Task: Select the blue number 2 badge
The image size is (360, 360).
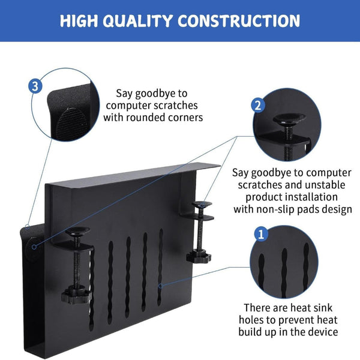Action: [257, 106]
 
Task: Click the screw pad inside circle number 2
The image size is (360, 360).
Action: [287, 120]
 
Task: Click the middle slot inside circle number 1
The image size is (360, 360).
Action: [284, 264]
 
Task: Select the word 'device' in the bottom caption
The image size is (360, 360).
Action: [324, 332]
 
